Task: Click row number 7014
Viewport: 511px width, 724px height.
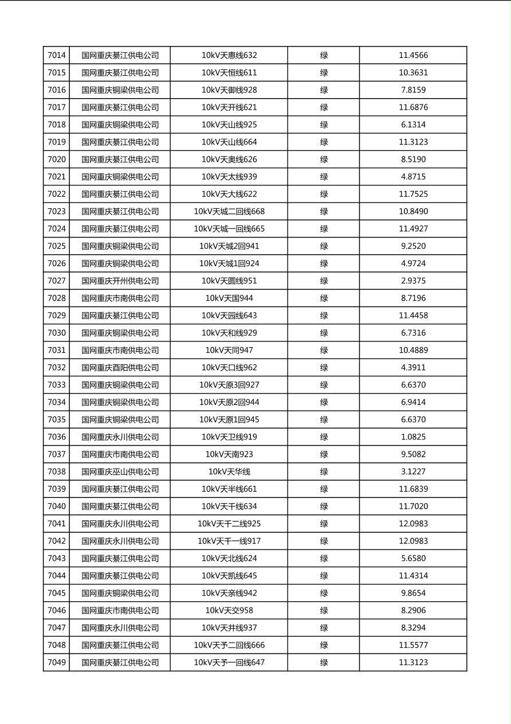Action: click(57, 56)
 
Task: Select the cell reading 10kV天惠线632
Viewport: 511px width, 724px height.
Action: click(229, 56)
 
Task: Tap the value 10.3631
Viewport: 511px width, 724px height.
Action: click(413, 73)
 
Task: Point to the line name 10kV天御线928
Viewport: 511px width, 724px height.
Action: click(229, 90)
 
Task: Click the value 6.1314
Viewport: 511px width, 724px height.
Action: click(413, 124)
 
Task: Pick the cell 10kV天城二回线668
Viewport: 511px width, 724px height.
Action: click(229, 212)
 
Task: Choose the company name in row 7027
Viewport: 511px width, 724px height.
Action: click(120, 281)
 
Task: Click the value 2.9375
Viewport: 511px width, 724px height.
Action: click(413, 281)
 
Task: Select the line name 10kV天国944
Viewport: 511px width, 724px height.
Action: click(229, 298)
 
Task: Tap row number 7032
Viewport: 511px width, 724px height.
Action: click(57, 368)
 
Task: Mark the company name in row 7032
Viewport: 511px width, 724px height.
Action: click(120, 368)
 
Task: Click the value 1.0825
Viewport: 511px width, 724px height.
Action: click(413, 437)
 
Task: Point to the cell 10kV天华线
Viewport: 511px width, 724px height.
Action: click(229, 472)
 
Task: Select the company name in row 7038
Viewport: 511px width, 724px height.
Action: click(120, 472)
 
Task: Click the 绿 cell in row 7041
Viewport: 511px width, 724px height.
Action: click(324, 524)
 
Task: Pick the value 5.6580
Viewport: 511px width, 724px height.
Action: click(413, 558)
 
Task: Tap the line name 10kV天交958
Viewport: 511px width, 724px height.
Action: click(229, 610)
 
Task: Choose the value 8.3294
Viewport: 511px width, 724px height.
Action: click(413, 628)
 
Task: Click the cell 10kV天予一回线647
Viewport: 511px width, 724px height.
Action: click(229, 663)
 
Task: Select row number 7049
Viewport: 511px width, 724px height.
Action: click(57, 663)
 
